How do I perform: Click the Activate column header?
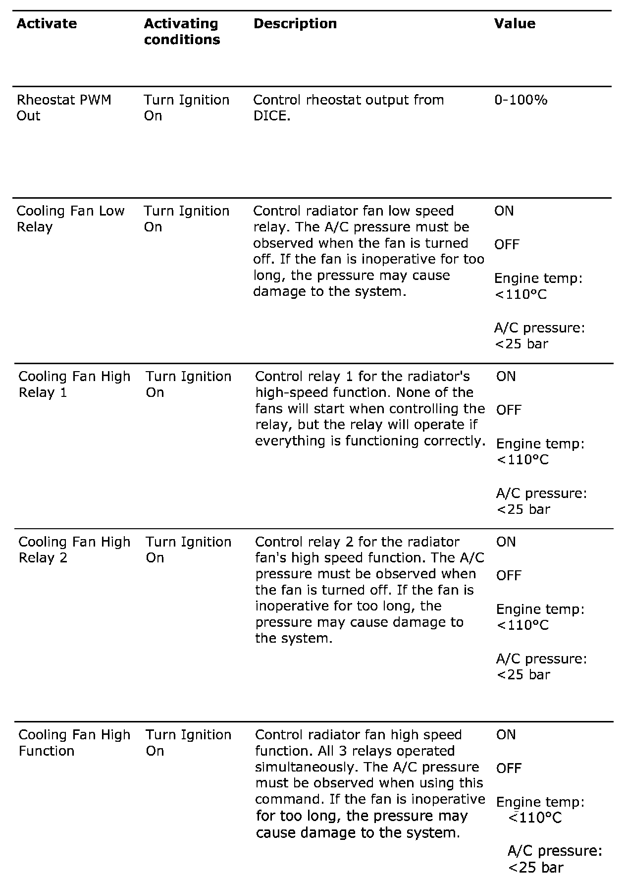(47, 24)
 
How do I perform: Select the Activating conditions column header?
(182, 32)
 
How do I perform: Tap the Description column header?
(295, 24)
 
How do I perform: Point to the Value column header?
(515, 24)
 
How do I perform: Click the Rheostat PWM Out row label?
(64, 108)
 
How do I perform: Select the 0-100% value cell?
(521, 100)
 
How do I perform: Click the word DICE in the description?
(270, 116)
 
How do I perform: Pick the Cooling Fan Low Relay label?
(70, 219)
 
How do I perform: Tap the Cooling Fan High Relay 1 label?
(74, 385)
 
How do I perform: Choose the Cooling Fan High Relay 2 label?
(74, 550)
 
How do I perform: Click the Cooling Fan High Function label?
(74, 743)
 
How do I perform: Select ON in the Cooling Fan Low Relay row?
(504, 211)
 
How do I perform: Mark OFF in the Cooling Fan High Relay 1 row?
(509, 410)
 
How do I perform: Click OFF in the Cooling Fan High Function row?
(509, 769)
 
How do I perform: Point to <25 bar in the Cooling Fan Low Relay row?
(522, 344)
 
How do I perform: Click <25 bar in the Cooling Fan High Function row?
(535, 868)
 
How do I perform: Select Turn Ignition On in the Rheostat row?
(187, 108)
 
